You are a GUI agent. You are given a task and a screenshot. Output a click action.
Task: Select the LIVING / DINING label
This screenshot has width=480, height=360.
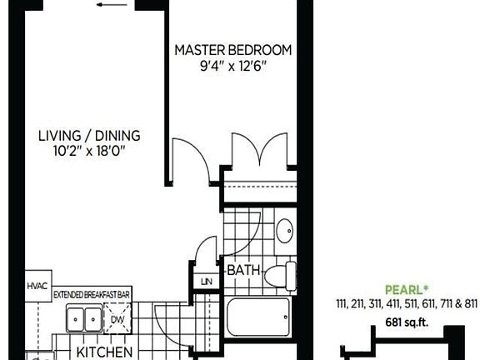click(x=90, y=136)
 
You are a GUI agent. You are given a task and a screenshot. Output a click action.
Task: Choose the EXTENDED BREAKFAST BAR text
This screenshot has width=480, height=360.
click(x=92, y=295)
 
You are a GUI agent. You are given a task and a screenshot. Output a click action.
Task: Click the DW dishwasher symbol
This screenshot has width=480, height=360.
click(x=117, y=318)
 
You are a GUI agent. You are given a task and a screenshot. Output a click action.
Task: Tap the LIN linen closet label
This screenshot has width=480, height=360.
click(x=207, y=282)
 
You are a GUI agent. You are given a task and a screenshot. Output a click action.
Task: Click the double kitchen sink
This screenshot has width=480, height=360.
click(x=84, y=319)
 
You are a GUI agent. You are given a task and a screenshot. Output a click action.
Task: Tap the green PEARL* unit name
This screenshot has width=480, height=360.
click(x=406, y=291)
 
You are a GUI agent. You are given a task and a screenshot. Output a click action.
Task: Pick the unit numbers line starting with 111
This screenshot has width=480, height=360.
click(x=405, y=304)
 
